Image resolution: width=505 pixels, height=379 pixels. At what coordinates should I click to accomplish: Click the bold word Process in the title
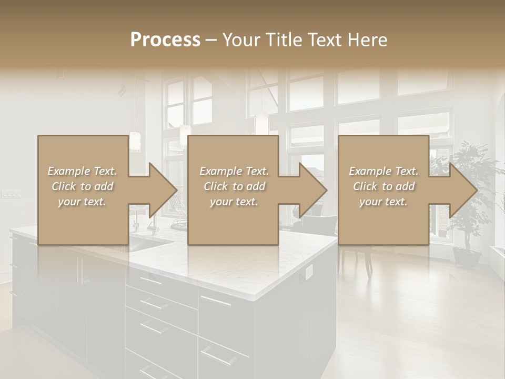[165, 39]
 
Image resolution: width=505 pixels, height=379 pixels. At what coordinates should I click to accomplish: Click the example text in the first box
[83, 186]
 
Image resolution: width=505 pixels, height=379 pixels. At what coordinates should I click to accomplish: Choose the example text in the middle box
[234, 186]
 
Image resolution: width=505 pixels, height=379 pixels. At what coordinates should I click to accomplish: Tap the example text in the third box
[383, 186]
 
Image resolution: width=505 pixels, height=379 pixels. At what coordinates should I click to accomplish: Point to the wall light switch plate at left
[11, 194]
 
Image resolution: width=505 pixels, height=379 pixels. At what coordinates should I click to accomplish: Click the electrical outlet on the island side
[309, 271]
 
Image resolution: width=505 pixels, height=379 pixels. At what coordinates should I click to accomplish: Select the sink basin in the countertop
[150, 243]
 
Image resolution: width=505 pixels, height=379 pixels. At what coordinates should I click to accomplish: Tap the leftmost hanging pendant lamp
[135, 141]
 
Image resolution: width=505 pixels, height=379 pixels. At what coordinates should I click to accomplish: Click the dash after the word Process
[211, 39]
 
